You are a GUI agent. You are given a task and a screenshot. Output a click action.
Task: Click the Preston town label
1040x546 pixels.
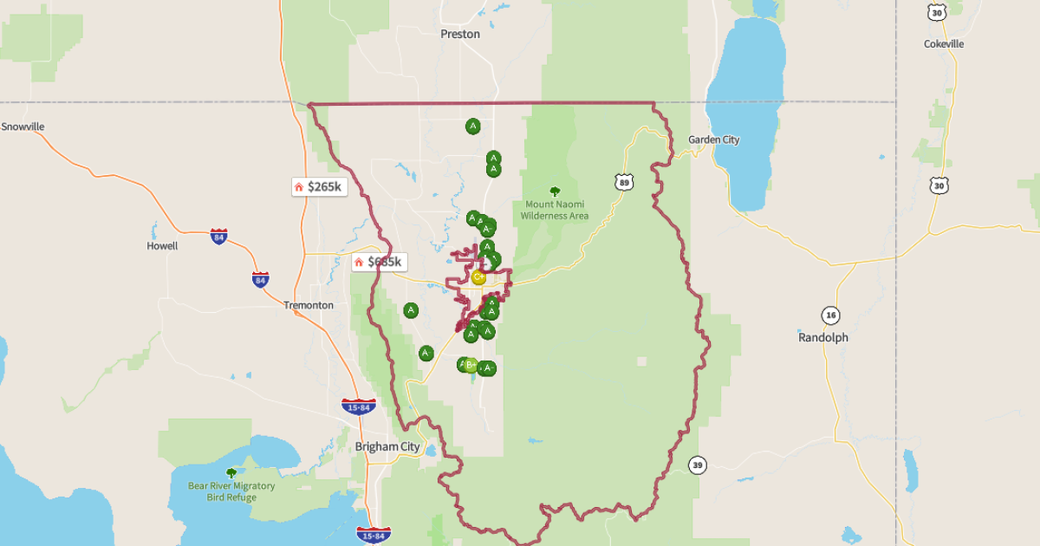[x=459, y=35]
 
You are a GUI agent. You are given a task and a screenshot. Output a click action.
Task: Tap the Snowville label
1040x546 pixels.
[x=23, y=127]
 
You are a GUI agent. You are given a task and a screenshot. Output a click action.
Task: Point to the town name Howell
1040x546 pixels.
[x=162, y=246]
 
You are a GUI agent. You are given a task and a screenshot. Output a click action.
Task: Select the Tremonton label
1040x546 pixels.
[x=309, y=306]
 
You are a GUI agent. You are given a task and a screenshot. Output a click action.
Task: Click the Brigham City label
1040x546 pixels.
[x=387, y=447]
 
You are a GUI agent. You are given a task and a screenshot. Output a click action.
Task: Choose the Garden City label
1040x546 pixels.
[x=714, y=140]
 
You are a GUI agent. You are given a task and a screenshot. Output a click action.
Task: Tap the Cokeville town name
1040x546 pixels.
[x=944, y=44]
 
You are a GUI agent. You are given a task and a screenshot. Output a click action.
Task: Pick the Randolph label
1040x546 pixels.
[x=823, y=338]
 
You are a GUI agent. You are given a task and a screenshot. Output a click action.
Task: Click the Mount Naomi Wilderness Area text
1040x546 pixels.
[x=555, y=211]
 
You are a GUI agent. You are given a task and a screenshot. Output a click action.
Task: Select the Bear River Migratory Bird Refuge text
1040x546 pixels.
[x=231, y=491]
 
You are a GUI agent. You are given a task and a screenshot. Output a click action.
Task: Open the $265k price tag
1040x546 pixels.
[x=319, y=186]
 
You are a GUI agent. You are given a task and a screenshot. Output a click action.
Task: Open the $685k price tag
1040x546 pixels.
[x=379, y=261]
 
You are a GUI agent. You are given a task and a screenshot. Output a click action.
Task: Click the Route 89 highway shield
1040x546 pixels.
[x=624, y=181]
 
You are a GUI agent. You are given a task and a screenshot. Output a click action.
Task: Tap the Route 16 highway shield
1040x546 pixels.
[x=831, y=315]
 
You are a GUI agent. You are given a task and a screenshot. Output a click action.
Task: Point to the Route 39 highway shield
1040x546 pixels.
[x=698, y=465]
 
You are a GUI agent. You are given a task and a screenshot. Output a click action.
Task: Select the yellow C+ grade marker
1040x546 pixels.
[x=478, y=277]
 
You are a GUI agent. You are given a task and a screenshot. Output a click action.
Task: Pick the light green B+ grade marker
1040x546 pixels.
[x=471, y=365]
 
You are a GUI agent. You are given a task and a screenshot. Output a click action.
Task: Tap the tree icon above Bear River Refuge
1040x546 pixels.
[x=231, y=473]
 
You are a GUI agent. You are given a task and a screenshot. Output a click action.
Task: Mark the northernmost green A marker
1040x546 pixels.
[x=472, y=127]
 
